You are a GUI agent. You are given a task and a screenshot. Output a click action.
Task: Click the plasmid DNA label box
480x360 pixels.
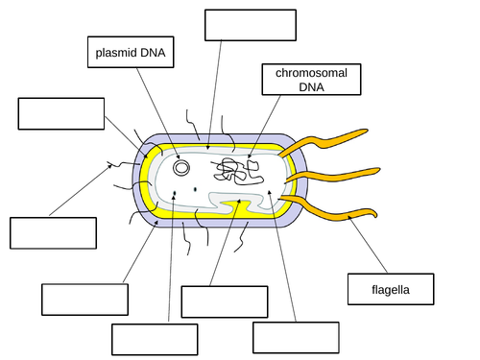[132, 53]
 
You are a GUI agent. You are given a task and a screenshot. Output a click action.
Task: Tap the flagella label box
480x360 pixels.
[390, 288]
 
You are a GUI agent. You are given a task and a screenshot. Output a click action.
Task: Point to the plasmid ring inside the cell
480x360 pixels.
[180, 168]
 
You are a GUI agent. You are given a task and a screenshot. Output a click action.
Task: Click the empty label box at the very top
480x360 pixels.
[249, 26]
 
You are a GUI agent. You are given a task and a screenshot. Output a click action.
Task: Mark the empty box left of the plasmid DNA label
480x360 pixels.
[60, 113]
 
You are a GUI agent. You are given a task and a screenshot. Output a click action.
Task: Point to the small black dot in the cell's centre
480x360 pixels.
[196, 189]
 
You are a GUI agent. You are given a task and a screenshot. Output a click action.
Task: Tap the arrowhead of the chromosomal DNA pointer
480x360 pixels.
[249, 157]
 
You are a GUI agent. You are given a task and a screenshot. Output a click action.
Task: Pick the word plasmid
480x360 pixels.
[116, 53]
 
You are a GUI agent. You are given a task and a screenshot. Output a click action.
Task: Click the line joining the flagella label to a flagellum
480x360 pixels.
[370, 245]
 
